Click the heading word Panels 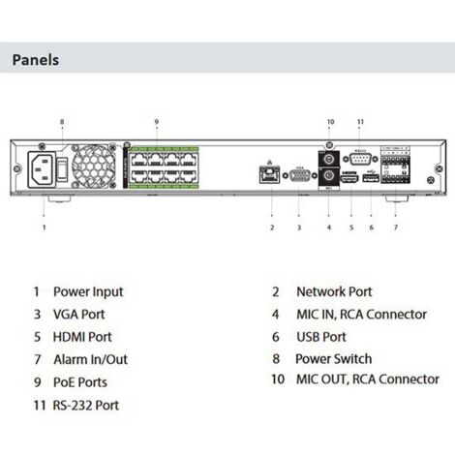(x=36, y=60)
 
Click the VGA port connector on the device (x=299, y=177)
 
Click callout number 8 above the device (x=63, y=122)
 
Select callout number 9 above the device (x=157, y=122)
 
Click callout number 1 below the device (x=44, y=227)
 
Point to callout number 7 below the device (x=394, y=227)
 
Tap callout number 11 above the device (x=360, y=122)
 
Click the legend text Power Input (x=88, y=290)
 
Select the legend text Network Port (x=334, y=290)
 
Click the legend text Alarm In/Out (x=91, y=359)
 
